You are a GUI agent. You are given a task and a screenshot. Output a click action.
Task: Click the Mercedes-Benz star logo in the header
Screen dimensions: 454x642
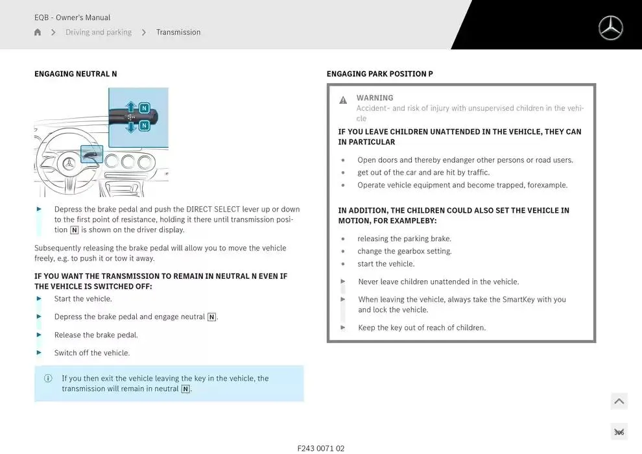610,29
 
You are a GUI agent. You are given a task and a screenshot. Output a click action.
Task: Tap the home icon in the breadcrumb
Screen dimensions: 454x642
38,32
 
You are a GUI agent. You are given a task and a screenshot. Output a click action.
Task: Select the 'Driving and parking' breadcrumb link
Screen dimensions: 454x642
98,32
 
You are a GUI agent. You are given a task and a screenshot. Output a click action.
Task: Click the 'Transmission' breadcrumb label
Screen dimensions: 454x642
178,32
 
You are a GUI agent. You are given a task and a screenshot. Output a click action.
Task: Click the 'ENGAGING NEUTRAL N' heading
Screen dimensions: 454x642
76,74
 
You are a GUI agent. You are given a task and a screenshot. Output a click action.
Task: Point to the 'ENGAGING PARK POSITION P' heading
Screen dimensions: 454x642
380,74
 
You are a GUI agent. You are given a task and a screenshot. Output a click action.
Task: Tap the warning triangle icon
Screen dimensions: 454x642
343,101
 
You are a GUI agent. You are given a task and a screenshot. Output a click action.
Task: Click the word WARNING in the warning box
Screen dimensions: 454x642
375,98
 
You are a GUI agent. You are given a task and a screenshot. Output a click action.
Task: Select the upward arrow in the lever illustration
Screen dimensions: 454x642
131,107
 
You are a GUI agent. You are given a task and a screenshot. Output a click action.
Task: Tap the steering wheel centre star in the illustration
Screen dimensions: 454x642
69,164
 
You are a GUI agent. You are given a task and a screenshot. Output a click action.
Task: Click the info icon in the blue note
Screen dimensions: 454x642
48,379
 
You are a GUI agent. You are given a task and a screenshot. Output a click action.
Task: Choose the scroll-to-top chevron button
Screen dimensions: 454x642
619,401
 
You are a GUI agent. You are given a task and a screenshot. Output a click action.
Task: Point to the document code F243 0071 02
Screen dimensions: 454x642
321,448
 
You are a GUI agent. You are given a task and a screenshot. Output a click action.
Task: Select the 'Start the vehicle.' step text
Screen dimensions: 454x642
83,299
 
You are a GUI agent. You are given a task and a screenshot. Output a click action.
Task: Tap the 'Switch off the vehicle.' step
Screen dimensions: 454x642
92,353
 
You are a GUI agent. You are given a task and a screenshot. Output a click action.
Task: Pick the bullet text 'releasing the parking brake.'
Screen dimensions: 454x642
404,239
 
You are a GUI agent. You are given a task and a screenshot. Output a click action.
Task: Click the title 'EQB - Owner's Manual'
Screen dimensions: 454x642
73,18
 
